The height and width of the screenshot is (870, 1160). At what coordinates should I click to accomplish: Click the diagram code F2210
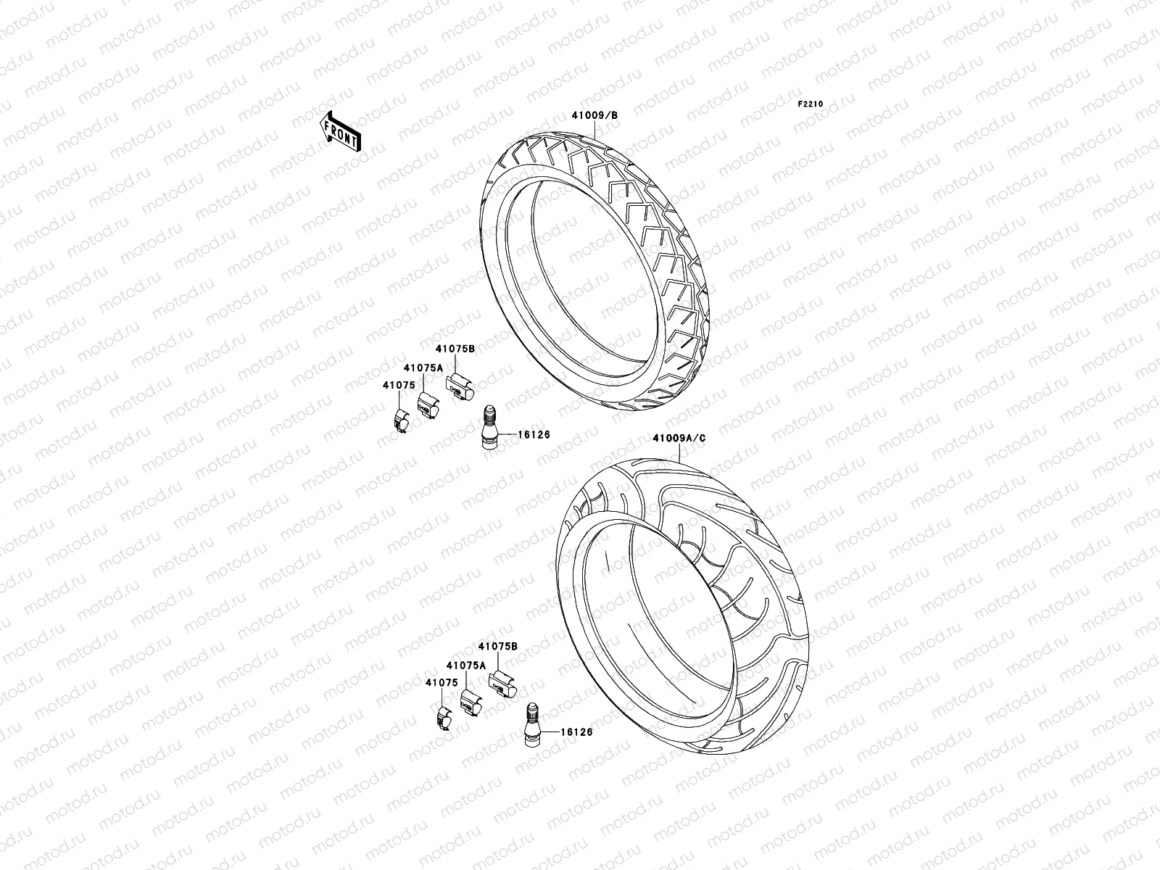click(811, 104)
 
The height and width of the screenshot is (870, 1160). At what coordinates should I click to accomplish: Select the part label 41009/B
click(595, 115)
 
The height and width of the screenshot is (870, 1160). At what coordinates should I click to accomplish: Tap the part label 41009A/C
click(678, 439)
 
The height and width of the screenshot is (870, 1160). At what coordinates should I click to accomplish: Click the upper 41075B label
click(455, 349)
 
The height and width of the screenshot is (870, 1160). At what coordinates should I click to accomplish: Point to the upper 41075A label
click(423, 368)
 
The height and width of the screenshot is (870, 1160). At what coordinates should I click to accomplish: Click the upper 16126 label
click(534, 435)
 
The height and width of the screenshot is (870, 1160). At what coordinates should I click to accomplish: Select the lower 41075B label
click(497, 646)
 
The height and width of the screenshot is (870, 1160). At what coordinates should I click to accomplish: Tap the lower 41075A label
click(465, 665)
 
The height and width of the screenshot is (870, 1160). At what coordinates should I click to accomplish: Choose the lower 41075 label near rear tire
click(441, 682)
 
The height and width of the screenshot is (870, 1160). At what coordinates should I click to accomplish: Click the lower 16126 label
click(576, 732)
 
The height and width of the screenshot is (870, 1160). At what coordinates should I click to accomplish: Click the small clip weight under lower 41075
click(444, 718)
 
